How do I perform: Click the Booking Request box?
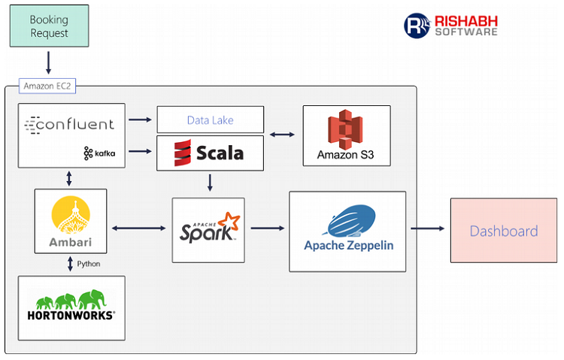pyautogui.click(x=50, y=26)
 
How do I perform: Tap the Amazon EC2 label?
pyautogui.click(x=47, y=86)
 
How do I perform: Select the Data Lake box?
pyautogui.click(x=210, y=119)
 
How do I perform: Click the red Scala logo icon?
pyautogui.click(x=183, y=153)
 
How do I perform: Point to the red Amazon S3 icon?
pyautogui.click(x=345, y=129)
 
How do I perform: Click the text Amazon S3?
pyautogui.click(x=345, y=155)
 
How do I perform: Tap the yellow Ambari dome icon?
pyautogui.click(x=71, y=216)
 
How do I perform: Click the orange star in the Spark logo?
pyautogui.click(x=229, y=220)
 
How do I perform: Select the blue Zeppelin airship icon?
pyautogui.click(x=350, y=220)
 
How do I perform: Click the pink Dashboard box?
pyautogui.click(x=504, y=231)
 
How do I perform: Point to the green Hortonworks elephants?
pyautogui.click(x=71, y=300)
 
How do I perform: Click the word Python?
pyautogui.click(x=89, y=264)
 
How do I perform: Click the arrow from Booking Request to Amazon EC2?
pyautogui.click(x=48, y=62)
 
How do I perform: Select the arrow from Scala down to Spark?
pyautogui.click(x=210, y=183)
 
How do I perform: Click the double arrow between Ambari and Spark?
pyautogui.click(x=138, y=228)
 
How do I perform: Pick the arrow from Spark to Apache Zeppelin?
pyautogui.click(x=268, y=228)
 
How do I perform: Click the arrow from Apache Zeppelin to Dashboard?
pyautogui.click(x=428, y=228)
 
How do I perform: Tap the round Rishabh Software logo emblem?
pyautogui.click(x=417, y=26)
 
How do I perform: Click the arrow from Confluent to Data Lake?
pyautogui.click(x=141, y=119)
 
